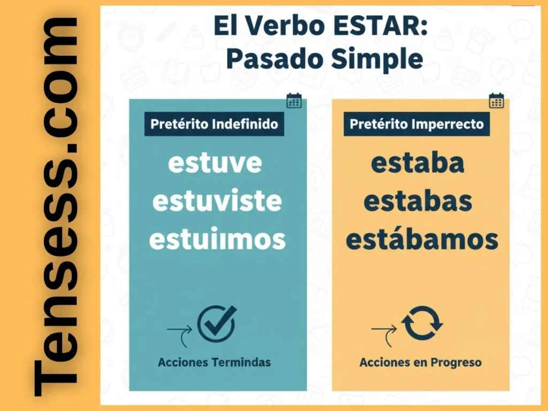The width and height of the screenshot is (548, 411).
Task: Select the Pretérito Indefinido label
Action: point(215,124)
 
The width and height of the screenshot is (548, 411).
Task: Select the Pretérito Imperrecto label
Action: point(416,124)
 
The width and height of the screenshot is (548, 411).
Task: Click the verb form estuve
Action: point(215,163)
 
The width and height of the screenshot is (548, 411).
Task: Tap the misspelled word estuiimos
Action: point(217,240)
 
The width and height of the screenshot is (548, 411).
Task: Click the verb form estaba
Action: point(417,163)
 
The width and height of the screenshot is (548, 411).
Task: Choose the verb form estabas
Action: point(417,201)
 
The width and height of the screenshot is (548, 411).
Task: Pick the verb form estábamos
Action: point(422,240)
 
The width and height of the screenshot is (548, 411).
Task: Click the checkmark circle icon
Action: point(216,324)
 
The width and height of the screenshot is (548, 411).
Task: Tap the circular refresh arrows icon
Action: point(422,323)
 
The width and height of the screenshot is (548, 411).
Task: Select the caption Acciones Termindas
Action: point(214,362)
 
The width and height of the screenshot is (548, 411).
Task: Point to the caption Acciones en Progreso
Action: point(420,362)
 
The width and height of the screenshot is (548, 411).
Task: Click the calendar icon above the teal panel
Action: point(294,101)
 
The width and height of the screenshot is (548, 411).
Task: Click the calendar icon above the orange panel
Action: point(496,101)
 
